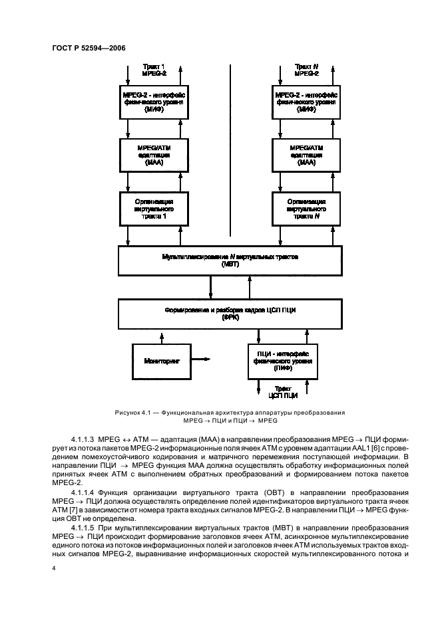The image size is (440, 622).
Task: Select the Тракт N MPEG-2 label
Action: coord(306,70)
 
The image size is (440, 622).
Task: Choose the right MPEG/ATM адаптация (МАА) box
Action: coord(306,154)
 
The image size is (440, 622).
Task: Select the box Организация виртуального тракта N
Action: coord(306,207)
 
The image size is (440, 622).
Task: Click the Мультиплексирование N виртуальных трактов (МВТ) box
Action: coord(230,260)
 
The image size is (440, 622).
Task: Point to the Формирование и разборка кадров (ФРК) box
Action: coord(230,313)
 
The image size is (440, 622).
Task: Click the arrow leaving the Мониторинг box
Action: coord(202,360)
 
